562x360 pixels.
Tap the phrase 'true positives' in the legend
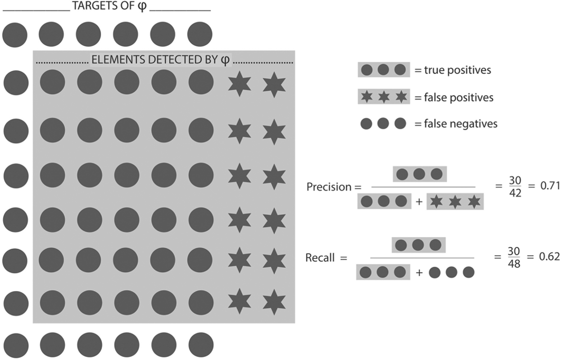458,70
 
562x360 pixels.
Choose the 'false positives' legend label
458,98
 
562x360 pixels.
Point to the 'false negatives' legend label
461,124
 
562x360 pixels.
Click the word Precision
329,187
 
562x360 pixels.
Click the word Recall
320,258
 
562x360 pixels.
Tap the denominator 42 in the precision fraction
515,193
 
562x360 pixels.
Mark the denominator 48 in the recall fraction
514,264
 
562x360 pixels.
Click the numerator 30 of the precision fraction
515,180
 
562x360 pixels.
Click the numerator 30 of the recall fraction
514,251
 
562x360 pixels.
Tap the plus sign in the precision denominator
419,202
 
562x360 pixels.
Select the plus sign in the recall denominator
419,273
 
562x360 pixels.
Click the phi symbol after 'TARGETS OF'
142,6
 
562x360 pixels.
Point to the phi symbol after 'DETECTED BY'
225,60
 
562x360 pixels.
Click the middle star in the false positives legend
384,97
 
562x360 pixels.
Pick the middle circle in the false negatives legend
383,124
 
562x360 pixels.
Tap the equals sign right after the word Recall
344,258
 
